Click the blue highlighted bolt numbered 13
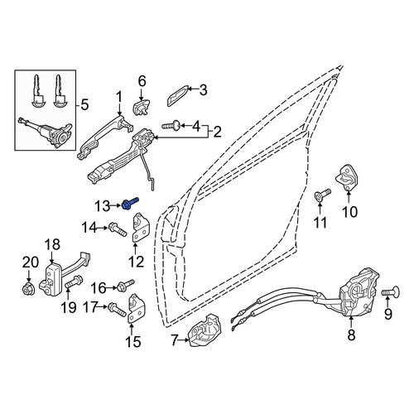[x=129, y=203]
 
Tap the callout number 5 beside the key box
[x=84, y=105]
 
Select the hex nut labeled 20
[x=28, y=288]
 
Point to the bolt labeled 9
[x=391, y=291]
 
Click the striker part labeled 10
[x=346, y=178]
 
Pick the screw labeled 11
[x=322, y=195]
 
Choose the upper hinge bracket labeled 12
[x=139, y=228]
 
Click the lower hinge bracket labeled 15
[x=137, y=308]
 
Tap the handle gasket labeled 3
[x=177, y=96]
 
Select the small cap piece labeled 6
[x=141, y=107]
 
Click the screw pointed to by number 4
[x=171, y=127]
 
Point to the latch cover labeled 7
[x=205, y=330]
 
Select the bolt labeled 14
[x=118, y=229]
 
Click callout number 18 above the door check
[x=52, y=244]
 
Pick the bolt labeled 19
[x=74, y=282]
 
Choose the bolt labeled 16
[x=126, y=285]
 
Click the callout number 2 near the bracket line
[x=217, y=132]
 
